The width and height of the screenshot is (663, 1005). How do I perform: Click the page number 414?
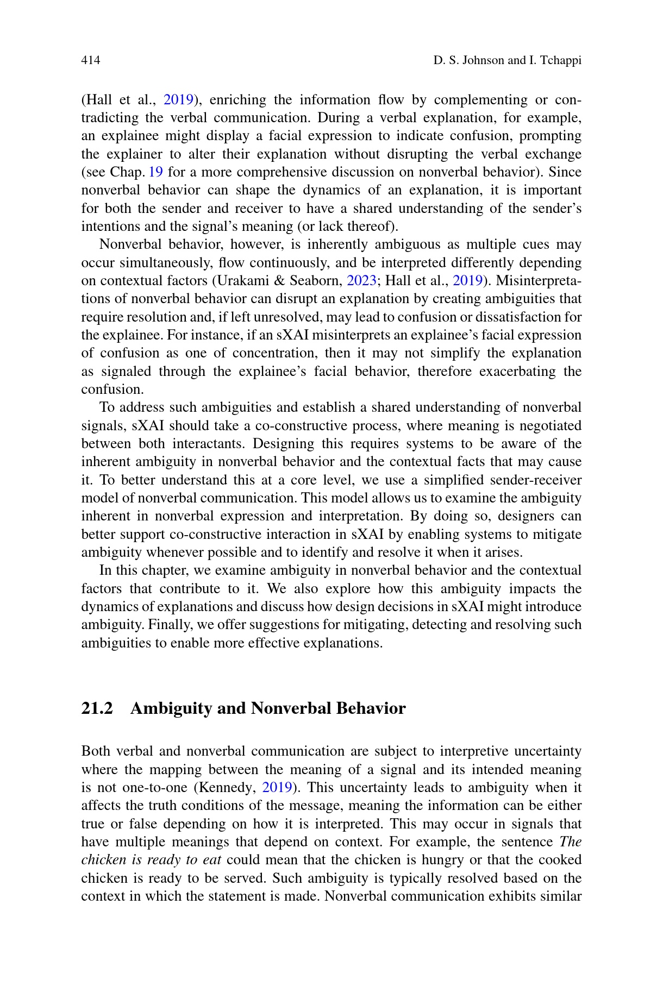[x=91, y=60]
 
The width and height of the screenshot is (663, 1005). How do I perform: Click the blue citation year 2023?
[x=361, y=281]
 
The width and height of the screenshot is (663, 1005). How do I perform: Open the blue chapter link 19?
[x=156, y=172]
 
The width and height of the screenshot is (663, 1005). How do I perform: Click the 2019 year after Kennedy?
[x=278, y=788]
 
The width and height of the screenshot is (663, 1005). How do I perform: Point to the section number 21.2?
[x=97, y=708]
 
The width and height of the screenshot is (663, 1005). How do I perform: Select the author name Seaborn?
[x=316, y=281]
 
